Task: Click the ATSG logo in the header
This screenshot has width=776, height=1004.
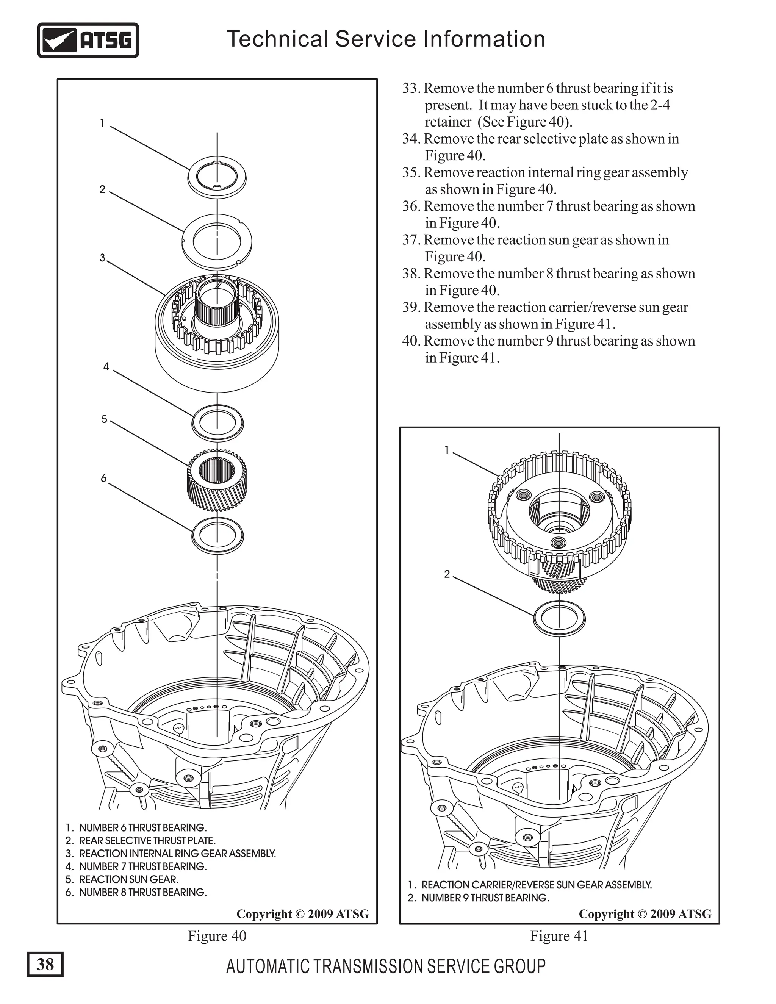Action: [x=88, y=40]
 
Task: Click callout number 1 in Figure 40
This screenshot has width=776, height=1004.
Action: [x=102, y=123]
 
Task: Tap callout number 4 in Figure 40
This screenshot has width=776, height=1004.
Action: [x=106, y=366]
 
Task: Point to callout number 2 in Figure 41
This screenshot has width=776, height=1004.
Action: [x=446, y=574]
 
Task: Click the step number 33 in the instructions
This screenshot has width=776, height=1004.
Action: [x=411, y=88]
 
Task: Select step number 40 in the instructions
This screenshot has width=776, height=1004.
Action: [x=411, y=341]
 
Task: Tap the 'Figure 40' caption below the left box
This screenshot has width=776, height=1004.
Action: [x=217, y=935]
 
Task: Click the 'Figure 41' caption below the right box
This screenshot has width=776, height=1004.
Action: [x=559, y=935]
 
